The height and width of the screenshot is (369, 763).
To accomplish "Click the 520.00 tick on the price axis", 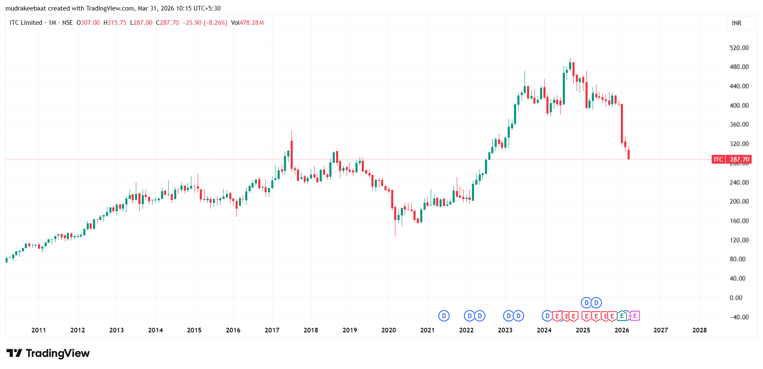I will coord(739,48).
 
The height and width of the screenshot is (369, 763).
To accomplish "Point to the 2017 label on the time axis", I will coord(272,330).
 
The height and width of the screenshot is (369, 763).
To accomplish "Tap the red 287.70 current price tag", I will coord(739,159).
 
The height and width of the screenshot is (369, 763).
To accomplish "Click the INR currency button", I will coord(737,23).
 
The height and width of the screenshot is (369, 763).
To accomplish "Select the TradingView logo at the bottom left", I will coord(48,353).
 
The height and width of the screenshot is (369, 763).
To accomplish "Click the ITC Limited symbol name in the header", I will coord(26,23).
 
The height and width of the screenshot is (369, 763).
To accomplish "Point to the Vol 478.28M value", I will coord(247,23).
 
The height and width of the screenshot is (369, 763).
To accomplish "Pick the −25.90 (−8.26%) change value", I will coord(205,23).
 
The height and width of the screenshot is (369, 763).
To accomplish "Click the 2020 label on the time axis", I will coord(389,330).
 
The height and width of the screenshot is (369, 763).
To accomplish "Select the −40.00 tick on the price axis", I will coord(739,317).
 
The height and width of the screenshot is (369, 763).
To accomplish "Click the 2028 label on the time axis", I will coord(699,330).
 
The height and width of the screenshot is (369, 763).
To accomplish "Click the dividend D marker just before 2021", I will coord(444,316).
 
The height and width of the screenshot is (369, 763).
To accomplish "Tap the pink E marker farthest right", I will coord(635,316).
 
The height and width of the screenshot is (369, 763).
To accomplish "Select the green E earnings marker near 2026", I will coord(622,316).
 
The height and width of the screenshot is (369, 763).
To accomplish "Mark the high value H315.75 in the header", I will coord(115,23).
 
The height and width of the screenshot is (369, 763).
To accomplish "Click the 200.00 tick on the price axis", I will coord(739,202).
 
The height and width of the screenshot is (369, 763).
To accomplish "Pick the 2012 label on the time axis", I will coord(78,330).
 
